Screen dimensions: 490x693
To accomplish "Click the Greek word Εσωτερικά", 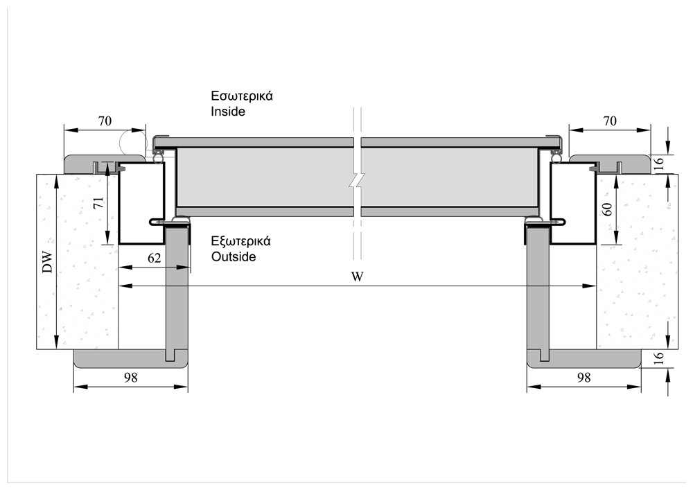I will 242,96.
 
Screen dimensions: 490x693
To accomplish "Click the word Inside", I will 228,111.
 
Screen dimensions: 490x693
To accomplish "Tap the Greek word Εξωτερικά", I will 240,242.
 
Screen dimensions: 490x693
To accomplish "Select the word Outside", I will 234,256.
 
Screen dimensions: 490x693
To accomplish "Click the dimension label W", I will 358,277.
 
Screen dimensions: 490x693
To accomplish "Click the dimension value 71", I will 98,203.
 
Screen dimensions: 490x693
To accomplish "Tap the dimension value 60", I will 608,209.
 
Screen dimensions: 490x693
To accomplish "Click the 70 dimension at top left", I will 105,121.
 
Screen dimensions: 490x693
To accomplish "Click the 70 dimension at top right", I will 610,121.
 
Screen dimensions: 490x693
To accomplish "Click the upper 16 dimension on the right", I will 659,164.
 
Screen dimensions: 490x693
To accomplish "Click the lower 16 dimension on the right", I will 659,358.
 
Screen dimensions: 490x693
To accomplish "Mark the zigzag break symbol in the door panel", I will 356,181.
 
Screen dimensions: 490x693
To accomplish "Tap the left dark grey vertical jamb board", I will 177,291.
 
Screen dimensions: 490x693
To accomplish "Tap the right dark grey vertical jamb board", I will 538,291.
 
